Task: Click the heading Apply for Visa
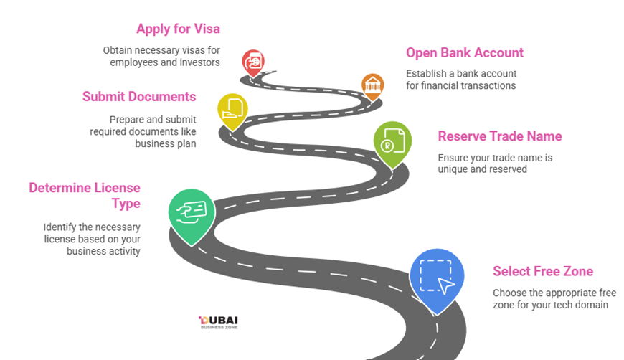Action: tap(178, 29)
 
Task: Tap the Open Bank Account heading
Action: tap(464, 52)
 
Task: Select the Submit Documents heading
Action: tap(139, 96)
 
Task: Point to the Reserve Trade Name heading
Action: tap(499, 136)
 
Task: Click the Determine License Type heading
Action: tap(85, 195)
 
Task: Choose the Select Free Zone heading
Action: tap(542, 271)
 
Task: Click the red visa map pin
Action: tap(252, 62)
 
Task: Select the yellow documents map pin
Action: tap(232, 109)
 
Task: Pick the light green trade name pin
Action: tap(392, 141)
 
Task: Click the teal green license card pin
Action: tap(191, 212)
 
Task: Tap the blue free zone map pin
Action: tap(436, 278)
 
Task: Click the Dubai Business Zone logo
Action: tap(218, 322)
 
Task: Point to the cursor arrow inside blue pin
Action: tap(446, 285)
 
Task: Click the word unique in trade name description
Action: tap(454, 169)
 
